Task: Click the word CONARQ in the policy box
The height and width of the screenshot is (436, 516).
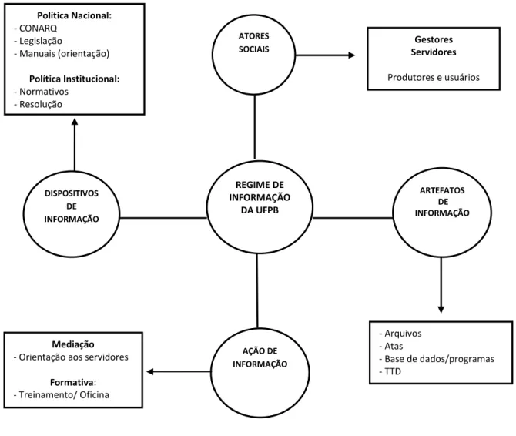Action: (x=39, y=29)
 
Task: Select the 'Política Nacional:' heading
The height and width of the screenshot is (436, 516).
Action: (x=75, y=15)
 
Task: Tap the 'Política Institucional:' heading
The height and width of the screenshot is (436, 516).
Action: (x=75, y=79)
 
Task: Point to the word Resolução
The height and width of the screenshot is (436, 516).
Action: (x=41, y=104)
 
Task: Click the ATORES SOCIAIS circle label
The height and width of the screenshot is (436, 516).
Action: (x=253, y=42)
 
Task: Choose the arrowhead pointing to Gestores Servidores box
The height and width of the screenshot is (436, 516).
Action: (x=352, y=55)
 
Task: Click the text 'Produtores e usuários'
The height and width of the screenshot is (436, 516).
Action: (x=434, y=77)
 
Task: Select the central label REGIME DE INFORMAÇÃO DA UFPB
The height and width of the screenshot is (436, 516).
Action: (x=260, y=197)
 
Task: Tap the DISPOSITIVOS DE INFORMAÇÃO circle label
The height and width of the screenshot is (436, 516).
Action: (x=72, y=206)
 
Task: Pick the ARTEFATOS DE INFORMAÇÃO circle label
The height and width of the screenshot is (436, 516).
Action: (x=442, y=201)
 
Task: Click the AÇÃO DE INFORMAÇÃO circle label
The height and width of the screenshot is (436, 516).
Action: (x=260, y=357)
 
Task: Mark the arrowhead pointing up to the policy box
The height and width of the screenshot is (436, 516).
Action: (x=75, y=122)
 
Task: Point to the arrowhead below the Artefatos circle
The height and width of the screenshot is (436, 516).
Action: (x=441, y=310)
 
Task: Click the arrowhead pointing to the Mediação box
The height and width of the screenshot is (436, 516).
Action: (x=150, y=372)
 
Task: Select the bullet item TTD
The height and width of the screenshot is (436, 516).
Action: (x=393, y=371)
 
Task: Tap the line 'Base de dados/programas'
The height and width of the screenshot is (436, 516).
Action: (x=439, y=359)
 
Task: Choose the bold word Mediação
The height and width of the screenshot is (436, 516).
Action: (x=73, y=344)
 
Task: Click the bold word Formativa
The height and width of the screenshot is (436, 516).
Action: (x=72, y=382)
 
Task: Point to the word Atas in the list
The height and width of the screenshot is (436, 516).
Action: (x=394, y=346)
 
